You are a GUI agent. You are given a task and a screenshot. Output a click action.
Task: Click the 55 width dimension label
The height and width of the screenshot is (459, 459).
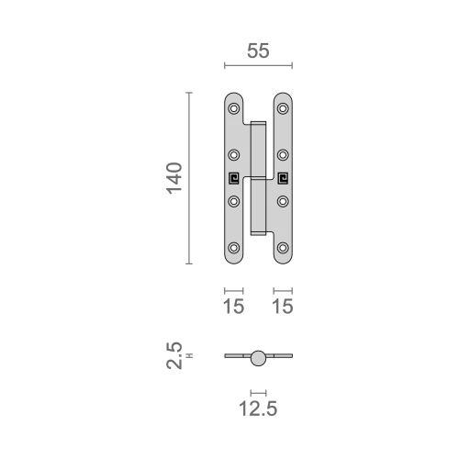pos(258,50)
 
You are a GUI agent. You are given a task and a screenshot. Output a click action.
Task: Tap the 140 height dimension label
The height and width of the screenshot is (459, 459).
pos(174,178)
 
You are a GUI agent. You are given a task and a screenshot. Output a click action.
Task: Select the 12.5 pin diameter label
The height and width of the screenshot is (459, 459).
pos(258,409)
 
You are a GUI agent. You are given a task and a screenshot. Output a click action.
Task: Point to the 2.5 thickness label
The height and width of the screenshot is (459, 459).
pos(174,355)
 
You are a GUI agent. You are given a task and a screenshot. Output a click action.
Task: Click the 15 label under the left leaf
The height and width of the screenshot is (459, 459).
pos(234,306)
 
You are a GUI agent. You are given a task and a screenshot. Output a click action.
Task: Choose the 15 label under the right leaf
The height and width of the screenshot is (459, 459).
pos(283,306)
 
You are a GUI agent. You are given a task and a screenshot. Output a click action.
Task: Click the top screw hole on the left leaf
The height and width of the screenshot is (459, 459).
pos(234,108)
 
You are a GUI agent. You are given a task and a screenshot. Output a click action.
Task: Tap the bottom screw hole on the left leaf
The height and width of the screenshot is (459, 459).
pos(234,248)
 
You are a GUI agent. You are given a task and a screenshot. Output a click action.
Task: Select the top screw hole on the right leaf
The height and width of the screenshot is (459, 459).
pos(283,108)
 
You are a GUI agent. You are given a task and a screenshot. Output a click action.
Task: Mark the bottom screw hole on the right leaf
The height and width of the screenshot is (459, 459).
pos(283,248)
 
